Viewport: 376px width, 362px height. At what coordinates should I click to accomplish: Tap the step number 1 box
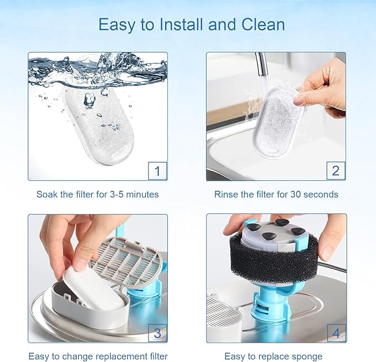(x=157, y=171)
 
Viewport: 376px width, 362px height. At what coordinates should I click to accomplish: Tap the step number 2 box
(x=336, y=171)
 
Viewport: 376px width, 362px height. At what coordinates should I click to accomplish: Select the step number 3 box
(x=157, y=333)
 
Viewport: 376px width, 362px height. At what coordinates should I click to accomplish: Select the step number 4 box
(x=336, y=333)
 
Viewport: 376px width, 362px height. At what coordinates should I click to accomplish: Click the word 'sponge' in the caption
(x=307, y=356)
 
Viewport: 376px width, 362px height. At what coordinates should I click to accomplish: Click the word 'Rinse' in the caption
(x=225, y=195)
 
